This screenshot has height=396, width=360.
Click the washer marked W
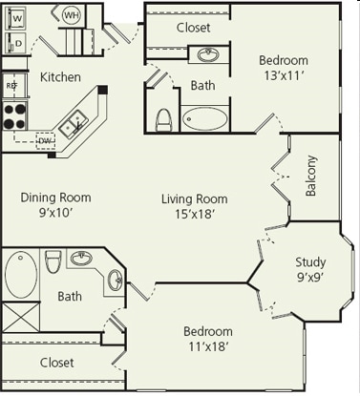point(17,18)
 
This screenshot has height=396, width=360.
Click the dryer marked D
point(17,43)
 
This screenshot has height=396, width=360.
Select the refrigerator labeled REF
point(12,86)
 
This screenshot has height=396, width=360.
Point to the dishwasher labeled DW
point(44,141)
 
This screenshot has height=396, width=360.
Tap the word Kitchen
point(60,76)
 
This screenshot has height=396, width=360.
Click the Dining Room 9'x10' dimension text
point(54,214)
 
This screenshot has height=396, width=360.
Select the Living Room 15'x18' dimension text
point(194,215)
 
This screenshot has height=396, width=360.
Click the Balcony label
point(311,176)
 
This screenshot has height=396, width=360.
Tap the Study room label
point(310,262)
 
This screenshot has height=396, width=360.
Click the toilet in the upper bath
point(163,118)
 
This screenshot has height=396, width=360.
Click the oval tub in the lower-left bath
point(20,275)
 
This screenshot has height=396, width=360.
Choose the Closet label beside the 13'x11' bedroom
point(194,28)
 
